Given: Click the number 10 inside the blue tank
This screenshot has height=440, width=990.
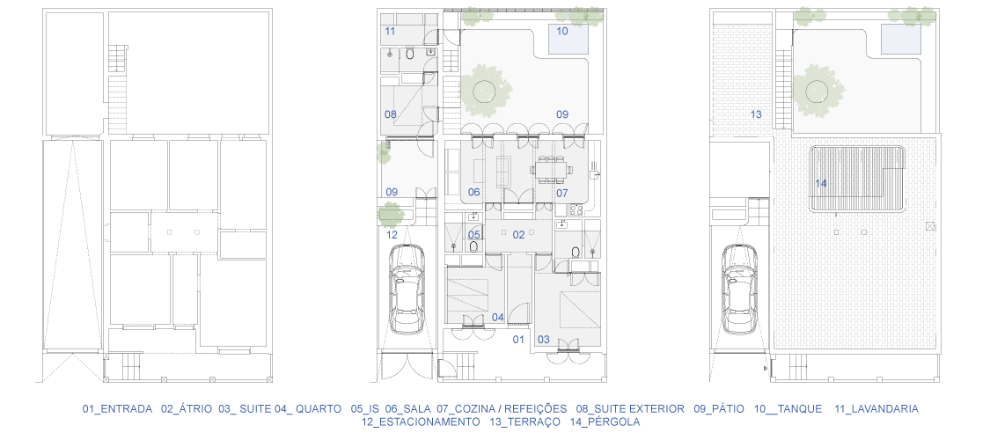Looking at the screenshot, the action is tap(562, 30).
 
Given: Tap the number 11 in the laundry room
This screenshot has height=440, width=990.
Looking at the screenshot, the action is tap(390, 31).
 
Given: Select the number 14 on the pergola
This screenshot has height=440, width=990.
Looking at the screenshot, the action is tap(821, 184).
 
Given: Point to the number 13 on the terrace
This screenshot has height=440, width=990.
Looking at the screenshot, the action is tap(756, 115).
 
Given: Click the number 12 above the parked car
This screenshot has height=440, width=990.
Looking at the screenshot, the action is tap(392, 235).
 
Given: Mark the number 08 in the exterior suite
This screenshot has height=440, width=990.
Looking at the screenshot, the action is tap(391, 115).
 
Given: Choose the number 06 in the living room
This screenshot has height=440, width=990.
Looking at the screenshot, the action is tap(474, 193).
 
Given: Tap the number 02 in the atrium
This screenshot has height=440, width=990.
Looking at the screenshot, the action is tap(518, 235).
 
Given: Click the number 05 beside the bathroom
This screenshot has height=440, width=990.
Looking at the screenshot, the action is tap(474, 235).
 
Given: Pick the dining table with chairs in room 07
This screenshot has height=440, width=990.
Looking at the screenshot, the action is tap(551, 169).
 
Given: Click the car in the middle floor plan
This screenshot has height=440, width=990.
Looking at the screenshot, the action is tap(407, 290).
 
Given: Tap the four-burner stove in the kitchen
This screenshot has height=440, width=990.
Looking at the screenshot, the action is tap(576, 209).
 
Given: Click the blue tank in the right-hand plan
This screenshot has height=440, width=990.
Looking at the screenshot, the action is tap(899, 40).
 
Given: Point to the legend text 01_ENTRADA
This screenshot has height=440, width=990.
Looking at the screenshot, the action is tap(117, 409).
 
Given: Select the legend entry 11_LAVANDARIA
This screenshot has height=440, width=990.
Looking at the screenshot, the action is tap(876, 409).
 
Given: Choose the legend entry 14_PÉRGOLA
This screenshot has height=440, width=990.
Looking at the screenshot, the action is tap(605, 422).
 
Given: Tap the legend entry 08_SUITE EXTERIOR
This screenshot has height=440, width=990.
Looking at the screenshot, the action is tap(629, 409).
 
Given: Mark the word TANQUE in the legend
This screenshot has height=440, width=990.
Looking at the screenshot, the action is tap(799, 409).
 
